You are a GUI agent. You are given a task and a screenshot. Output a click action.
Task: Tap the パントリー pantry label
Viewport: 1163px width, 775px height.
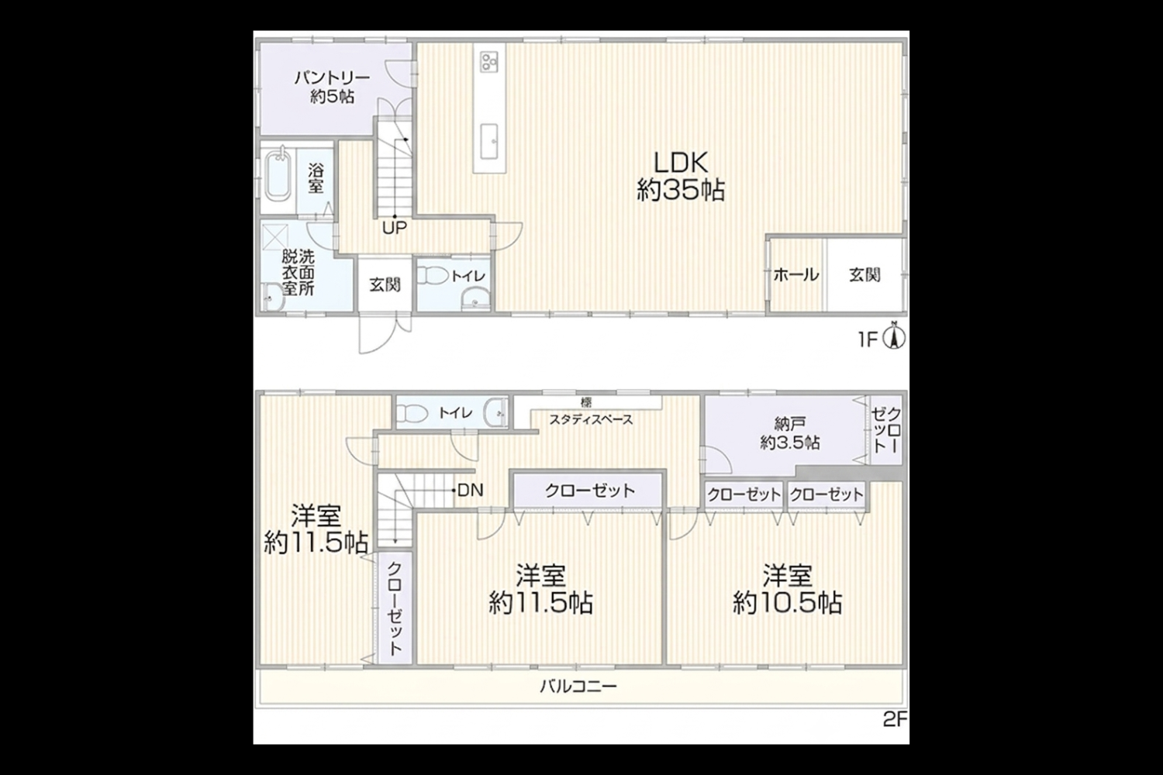[x=333, y=88]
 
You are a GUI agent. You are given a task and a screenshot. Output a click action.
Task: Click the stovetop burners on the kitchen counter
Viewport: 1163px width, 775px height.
[x=489, y=62]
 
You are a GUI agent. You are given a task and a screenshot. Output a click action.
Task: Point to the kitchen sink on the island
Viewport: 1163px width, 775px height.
[x=489, y=141]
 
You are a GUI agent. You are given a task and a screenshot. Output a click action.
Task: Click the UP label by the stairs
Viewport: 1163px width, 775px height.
[x=395, y=228]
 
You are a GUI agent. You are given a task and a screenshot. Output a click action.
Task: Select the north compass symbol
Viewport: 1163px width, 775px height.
[x=894, y=336]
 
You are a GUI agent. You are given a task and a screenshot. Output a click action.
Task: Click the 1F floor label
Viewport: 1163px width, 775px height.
[x=868, y=340]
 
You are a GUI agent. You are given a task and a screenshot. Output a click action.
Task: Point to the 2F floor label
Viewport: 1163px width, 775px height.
[x=895, y=719]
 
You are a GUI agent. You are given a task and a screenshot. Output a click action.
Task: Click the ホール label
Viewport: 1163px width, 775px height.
[x=796, y=275]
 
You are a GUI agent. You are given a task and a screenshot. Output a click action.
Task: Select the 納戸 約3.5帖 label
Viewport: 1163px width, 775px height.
[x=790, y=433]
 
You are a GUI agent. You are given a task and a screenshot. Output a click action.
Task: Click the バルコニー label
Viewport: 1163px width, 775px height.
[x=578, y=687]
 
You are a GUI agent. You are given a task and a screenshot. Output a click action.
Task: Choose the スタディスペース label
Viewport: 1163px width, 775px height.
[x=592, y=420]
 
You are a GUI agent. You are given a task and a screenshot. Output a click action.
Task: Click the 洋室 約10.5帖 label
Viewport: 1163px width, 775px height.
[x=788, y=590]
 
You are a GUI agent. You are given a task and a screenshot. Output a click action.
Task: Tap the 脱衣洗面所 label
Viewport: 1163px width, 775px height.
[x=299, y=273]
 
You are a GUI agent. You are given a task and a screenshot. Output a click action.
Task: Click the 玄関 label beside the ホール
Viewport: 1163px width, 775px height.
[x=865, y=275]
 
